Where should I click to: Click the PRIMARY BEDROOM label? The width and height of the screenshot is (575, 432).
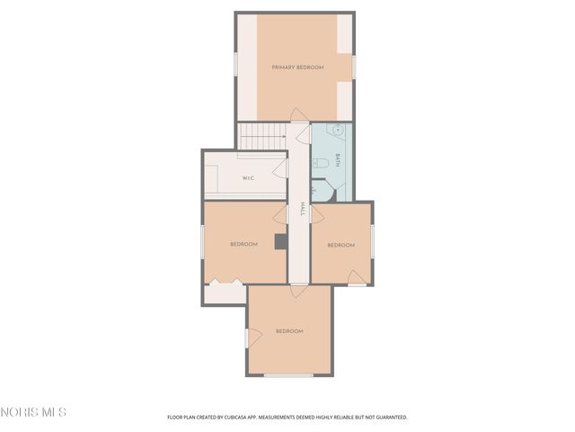(x=297, y=67)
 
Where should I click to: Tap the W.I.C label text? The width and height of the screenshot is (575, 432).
(x=248, y=178)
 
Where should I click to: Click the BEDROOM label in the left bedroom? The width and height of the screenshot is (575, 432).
(x=243, y=245)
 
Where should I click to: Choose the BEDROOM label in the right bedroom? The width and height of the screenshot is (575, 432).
(x=341, y=245)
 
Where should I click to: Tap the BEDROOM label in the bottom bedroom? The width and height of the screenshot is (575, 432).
(x=288, y=331)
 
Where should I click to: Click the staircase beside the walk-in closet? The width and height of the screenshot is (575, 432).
(x=262, y=136)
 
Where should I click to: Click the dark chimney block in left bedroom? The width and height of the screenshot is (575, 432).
(x=280, y=241)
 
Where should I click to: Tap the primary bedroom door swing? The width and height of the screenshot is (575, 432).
(x=299, y=115)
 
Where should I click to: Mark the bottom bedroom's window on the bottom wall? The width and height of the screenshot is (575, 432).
(x=288, y=375)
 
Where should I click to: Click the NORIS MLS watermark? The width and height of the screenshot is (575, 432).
(x=33, y=412)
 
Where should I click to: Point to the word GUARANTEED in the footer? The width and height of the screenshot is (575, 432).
(x=389, y=418)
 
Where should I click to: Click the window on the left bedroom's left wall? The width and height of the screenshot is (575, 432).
(x=202, y=243)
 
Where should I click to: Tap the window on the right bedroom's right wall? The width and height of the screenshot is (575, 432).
(x=372, y=240)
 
